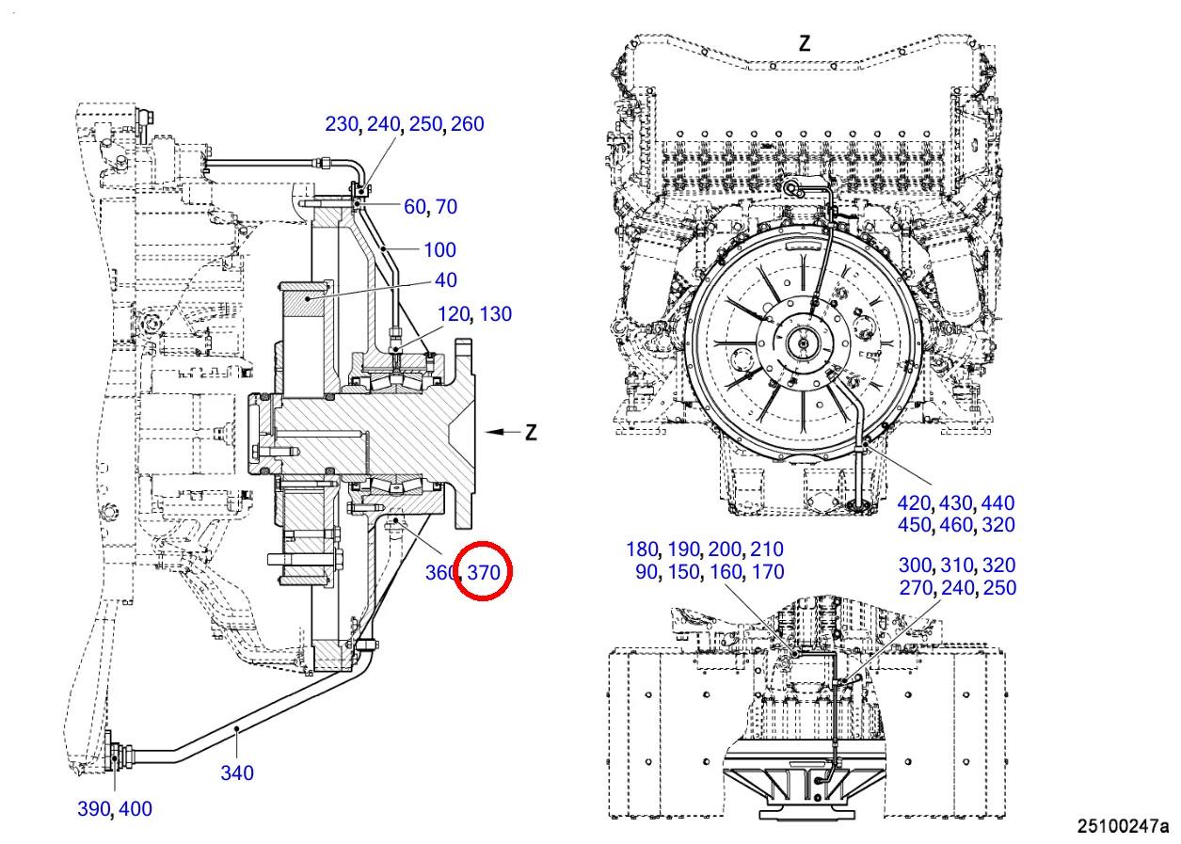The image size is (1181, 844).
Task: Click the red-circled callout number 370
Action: click(484, 570)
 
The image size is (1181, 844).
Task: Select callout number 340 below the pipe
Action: click(237, 772)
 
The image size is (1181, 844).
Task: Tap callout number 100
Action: click(440, 249)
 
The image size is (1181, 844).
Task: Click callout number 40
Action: click(446, 280)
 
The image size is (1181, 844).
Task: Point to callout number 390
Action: click(94, 808)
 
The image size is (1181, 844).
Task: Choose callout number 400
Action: click(136, 808)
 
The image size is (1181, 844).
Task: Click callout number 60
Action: click(414, 206)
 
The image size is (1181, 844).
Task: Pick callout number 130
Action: click(496, 313)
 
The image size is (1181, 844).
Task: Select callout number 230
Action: click(342, 123)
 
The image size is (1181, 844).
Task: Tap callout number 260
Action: click(468, 123)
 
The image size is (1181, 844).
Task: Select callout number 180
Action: click(643, 549)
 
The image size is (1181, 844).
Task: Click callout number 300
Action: click(915, 565)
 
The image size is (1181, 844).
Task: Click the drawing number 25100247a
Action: click(1123, 826)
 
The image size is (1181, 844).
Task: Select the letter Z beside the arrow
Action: click(532, 432)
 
